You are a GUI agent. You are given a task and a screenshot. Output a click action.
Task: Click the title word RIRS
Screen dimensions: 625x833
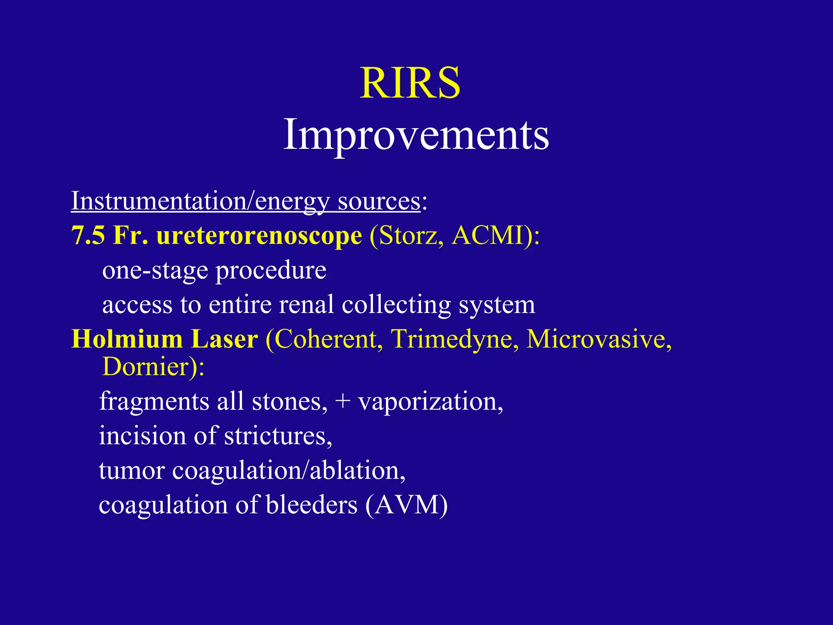click(x=410, y=83)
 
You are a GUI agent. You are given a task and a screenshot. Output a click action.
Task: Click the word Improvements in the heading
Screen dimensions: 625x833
click(x=416, y=134)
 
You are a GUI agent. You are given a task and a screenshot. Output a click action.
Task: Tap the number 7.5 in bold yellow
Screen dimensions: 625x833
click(x=88, y=236)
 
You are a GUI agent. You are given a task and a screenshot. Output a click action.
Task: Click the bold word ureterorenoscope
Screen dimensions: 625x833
click(x=259, y=236)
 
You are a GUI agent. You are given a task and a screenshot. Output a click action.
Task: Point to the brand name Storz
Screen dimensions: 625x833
click(x=410, y=236)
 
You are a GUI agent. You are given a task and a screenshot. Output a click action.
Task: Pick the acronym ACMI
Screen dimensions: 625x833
click(x=486, y=236)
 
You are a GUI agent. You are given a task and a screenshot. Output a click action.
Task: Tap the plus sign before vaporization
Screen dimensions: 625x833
click(x=343, y=402)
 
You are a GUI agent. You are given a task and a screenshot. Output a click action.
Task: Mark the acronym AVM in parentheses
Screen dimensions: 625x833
click(x=407, y=505)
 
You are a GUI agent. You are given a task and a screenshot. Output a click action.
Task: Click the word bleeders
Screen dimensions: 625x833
click(x=311, y=505)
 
